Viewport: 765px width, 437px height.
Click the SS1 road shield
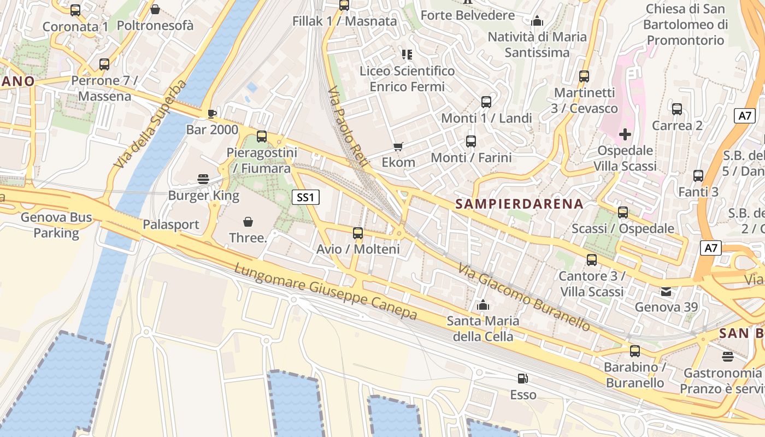point(305,197)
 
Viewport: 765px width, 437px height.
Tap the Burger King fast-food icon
point(204,179)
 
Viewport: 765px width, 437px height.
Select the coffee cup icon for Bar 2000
point(212,114)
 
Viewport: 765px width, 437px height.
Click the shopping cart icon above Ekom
point(398,146)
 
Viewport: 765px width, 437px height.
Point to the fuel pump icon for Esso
point(523,379)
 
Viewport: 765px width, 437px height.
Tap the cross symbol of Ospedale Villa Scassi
point(625,134)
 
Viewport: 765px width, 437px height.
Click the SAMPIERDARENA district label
point(519,204)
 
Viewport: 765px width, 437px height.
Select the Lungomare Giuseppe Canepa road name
point(326,292)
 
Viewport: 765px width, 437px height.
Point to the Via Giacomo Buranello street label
point(524,298)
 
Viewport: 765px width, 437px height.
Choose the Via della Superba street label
point(150,125)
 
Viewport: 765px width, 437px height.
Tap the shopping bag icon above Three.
point(248,221)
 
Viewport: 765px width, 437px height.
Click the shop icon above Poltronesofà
point(155,9)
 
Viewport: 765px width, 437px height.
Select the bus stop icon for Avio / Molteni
point(358,233)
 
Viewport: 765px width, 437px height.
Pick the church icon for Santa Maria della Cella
point(482,305)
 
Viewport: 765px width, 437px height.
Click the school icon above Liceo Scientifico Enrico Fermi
point(407,54)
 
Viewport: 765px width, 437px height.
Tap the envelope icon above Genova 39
point(666,291)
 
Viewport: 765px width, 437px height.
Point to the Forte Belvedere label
point(468,15)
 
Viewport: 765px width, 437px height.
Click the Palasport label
point(171,225)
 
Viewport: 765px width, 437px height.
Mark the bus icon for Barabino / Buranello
point(634,351)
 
